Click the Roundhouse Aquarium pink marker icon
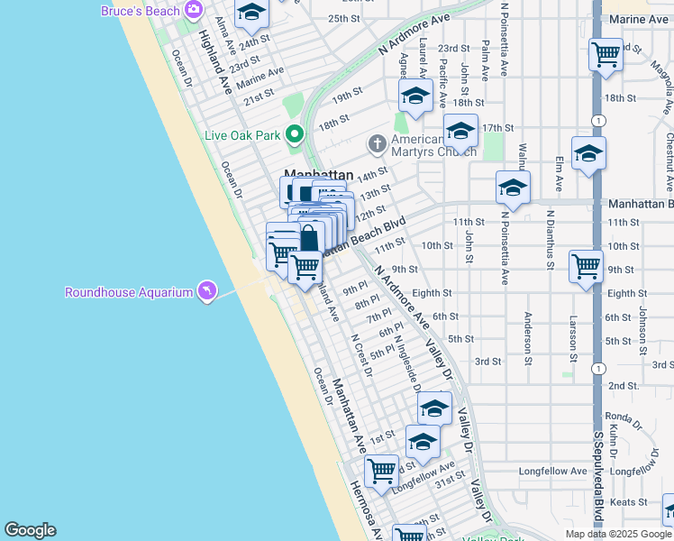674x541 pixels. pos(207,290)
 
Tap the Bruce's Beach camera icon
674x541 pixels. pos(193,10)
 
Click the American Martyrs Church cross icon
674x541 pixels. pos(376,143)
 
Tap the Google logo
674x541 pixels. pos(30,530)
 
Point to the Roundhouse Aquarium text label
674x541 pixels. pos(129,292)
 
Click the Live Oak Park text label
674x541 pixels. pos(242,135)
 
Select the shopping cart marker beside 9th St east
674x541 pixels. pos(586,266)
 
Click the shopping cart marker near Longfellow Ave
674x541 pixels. pos(382,470)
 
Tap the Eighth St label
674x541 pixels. pos(432,293)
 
